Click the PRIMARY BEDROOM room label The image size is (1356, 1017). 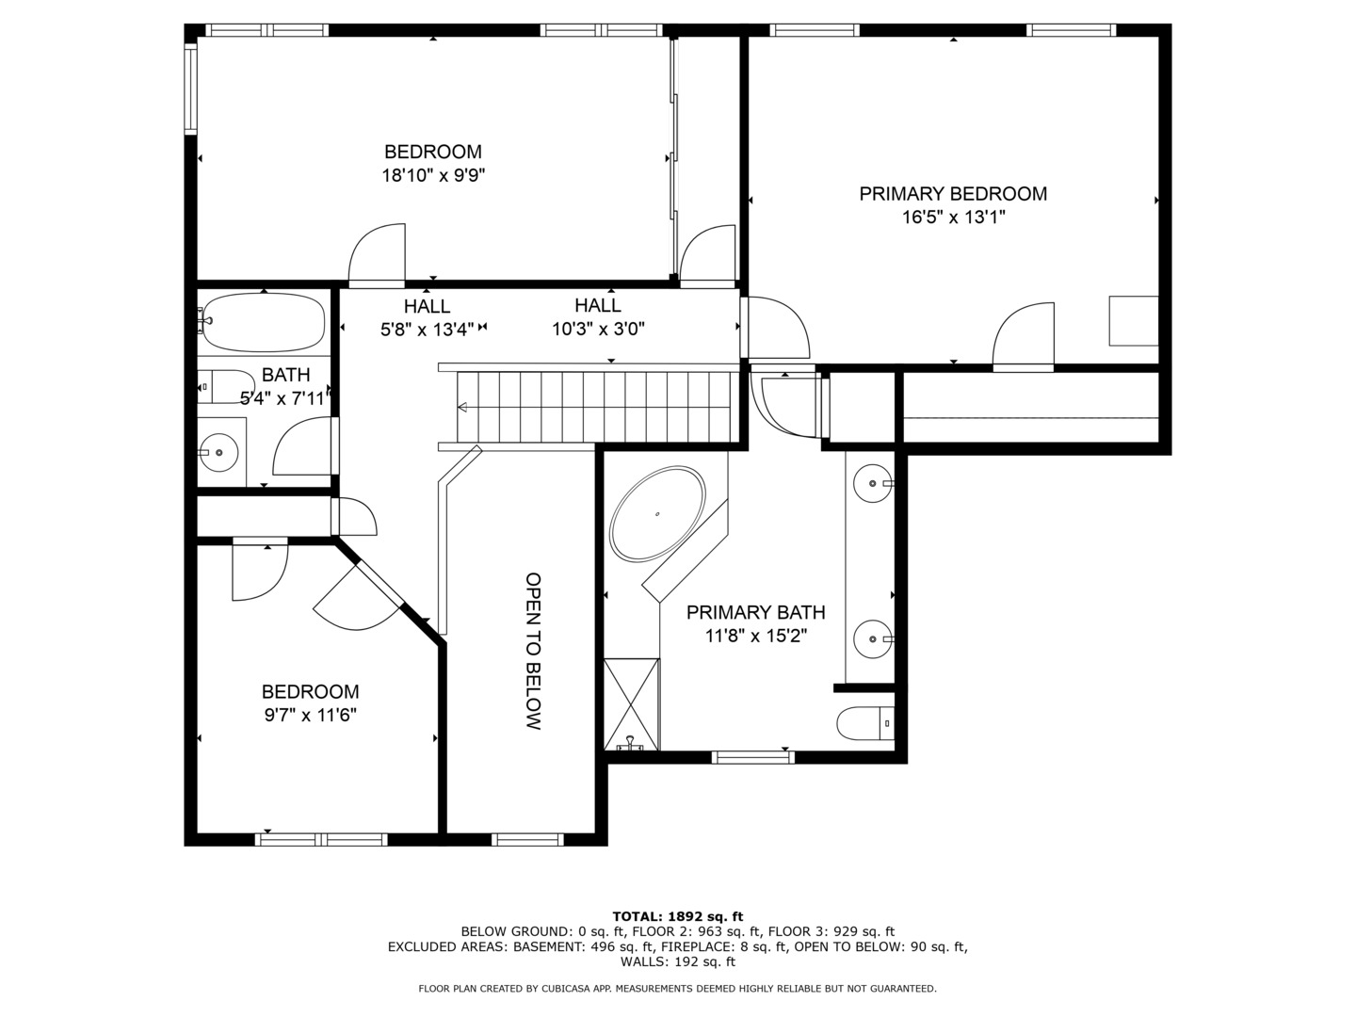(x=953, y=194)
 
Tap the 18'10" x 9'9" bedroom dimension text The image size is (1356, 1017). (x=433, y=176)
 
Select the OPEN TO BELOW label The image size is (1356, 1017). (x=533, y=651)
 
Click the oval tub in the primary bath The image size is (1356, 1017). (x=656, y=514)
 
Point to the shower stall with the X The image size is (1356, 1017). (x=631, y=704)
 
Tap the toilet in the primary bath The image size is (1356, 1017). (x=865, y=723)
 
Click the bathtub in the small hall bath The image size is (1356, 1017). (x=264, y=322)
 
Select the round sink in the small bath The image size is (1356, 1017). (x=218, y=452)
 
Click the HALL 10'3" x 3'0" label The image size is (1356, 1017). (x=598, y=317)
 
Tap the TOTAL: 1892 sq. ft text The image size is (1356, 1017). (x=678, y=916)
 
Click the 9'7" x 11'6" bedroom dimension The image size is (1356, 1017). (x=311, y=715)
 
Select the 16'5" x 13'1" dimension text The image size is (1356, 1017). (x=954, y=218)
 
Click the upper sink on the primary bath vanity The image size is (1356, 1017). (x=873, y=483)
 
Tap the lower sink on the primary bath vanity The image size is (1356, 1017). (x=873, y=639)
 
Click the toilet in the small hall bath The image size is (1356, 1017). (x=225, y=386)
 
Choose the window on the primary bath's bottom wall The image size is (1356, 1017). (x=753, y=758)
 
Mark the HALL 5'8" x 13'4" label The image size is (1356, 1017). (x=427, y=317)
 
